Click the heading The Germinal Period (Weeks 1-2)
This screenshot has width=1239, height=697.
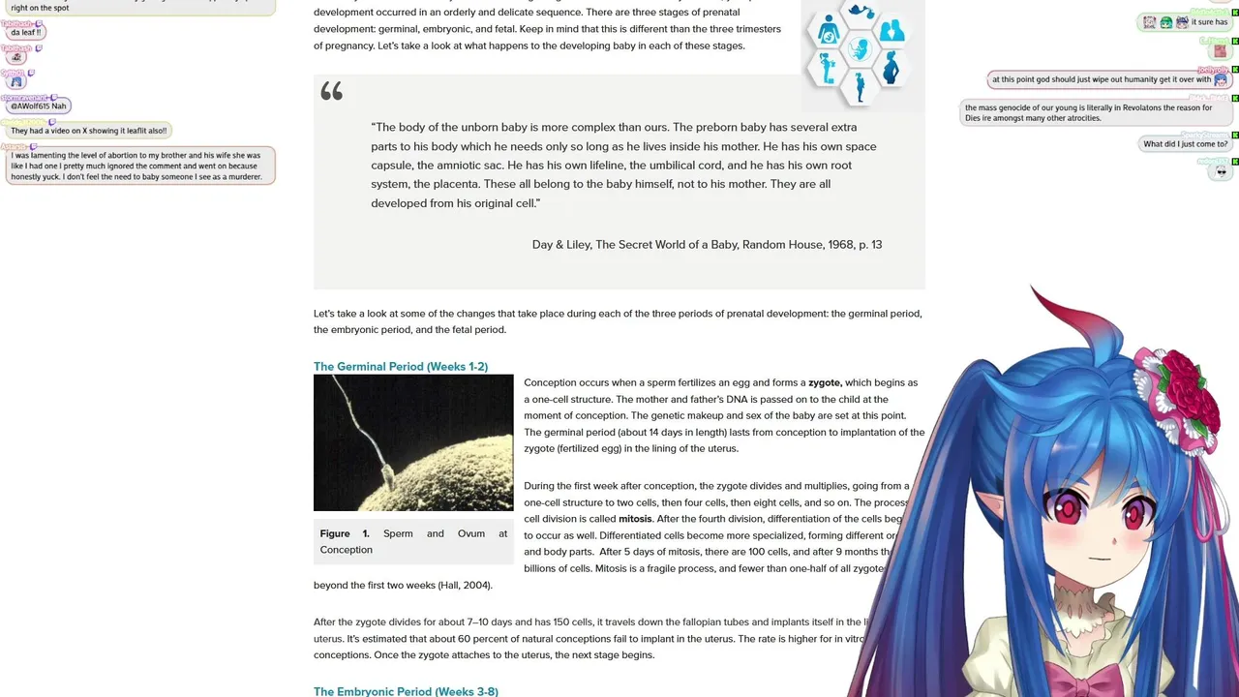400,367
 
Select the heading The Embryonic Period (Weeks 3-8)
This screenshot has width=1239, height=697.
406,691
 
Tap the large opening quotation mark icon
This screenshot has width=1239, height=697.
332,91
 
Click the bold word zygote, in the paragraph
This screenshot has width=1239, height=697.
825,383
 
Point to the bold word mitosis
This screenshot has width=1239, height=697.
635,519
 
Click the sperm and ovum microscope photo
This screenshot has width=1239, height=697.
413,442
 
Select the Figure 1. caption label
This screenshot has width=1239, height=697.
345,533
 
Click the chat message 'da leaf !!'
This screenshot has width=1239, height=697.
25,33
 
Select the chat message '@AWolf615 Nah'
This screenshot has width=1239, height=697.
39,106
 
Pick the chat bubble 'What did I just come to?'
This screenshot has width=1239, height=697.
1185,144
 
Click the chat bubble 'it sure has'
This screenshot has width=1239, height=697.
1209,22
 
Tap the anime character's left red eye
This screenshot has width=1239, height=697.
1070,506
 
